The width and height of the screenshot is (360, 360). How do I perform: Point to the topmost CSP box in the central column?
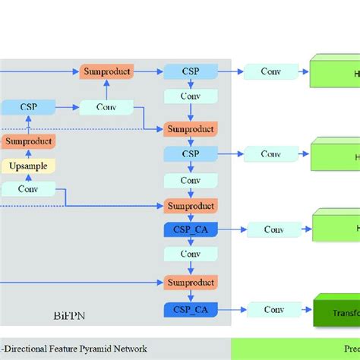pos(190,71)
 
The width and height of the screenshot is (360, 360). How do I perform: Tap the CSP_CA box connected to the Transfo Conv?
pos(190,310)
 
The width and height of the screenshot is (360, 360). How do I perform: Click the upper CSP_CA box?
pos(190,229)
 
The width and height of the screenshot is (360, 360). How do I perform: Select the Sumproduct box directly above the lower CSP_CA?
pos(190,283)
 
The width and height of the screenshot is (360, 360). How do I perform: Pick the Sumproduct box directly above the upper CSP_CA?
pos(190,206)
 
